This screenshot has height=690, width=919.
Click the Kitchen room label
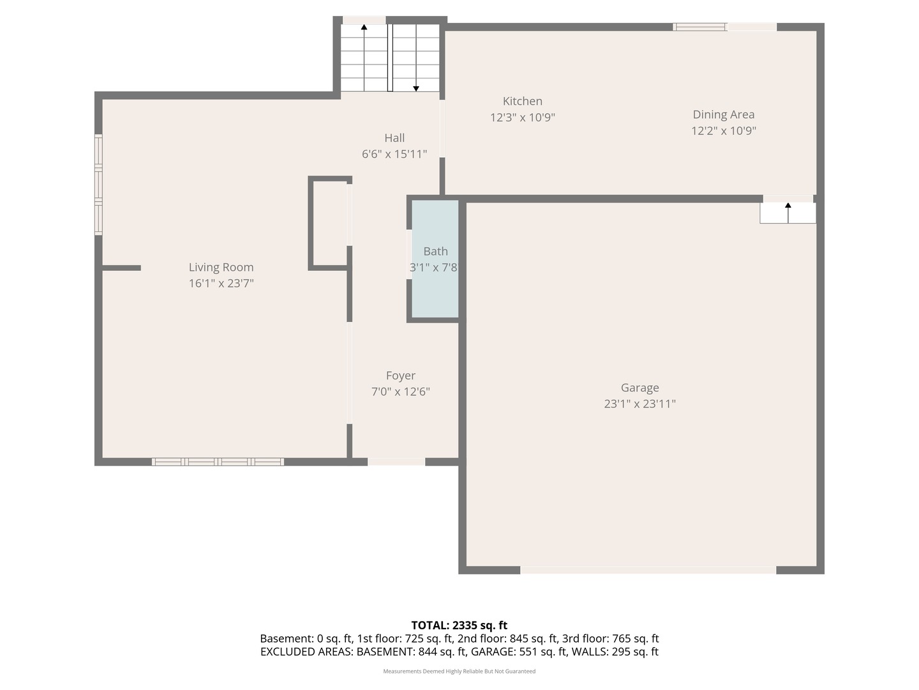click(x=522, y=101)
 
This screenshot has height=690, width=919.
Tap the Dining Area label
click(x=724, y=114)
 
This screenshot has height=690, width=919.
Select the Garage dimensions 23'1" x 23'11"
click(x=639, y=403)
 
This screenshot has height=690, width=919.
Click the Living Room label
click(x=221, y=267)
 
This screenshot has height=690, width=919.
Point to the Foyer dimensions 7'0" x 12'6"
click(x=401, y=391)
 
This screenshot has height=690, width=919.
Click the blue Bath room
click(x=435, y=259)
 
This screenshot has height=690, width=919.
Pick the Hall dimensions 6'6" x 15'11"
click(x=394, y=154)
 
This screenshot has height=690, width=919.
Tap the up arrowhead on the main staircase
click(x=364, y=27)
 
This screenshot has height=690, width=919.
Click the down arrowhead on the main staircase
click(x=415, y=89)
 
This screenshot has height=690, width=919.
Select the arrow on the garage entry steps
click(x=788, y=213)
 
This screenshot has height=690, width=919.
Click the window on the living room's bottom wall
click(x=218, y=462)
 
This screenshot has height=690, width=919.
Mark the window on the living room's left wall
click(x=98, y=185)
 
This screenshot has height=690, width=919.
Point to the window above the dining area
click(x=699, y=27)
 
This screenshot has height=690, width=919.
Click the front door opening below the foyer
click(x=396, y=462)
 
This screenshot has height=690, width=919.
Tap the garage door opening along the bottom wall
click(x=648, y=570)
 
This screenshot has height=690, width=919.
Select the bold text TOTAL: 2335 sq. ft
click(x=459, y=625)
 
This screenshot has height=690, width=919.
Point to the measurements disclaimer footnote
click(x=459, y=671)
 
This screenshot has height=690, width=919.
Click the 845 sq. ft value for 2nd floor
click(x=533, y=638)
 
